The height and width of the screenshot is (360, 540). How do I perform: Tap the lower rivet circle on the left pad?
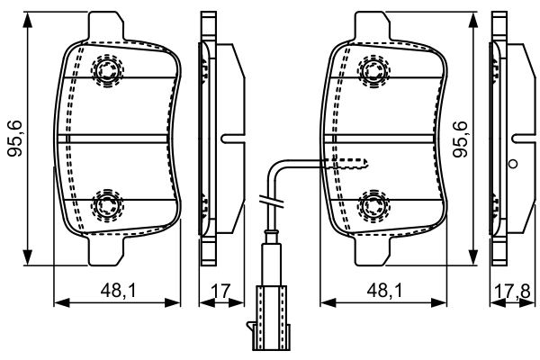point(107,203)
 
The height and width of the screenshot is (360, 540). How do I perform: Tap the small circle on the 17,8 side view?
point(513,164)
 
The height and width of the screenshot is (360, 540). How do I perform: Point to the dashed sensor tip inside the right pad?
point(351,163)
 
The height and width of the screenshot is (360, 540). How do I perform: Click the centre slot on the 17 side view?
point(230,139)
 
